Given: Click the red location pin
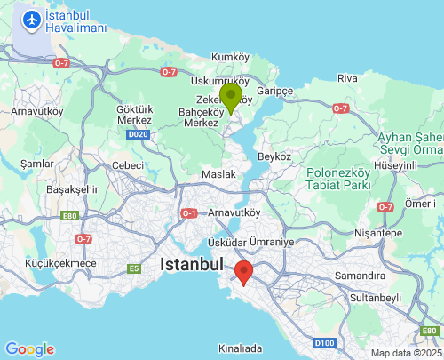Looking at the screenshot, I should pos(242,273).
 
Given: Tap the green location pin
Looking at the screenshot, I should pos(231,98).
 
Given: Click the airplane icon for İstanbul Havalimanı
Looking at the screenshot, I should pos(33,19).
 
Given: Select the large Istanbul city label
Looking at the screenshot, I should pos(191,264).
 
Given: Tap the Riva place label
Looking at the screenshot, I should pos(347,79).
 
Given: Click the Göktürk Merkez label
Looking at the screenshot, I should pos(137,116).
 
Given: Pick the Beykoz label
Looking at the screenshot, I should pos(274,156).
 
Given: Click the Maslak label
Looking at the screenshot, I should pos(219,174).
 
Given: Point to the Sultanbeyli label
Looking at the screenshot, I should pos(376,298).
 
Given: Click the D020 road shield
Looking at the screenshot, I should pos(137,135).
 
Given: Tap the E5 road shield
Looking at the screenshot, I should pos(134,268).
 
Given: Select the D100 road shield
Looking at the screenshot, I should pos(324,343).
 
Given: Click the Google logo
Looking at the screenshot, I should pos(29,348).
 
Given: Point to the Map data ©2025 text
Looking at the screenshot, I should pos(405,353).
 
